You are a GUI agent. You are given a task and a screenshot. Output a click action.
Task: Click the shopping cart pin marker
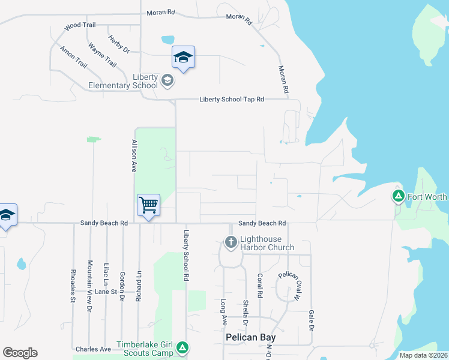pos(148,205)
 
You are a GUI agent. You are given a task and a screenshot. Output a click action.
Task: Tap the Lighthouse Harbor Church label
pos(267,243)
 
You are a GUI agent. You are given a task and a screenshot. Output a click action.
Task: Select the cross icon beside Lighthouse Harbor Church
pos(231,242)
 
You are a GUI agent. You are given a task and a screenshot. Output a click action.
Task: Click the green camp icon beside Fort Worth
pos(397,196)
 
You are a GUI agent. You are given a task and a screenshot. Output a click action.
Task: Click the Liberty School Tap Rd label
pos(232,100)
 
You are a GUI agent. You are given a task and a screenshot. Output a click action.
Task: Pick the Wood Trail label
pos(80,26)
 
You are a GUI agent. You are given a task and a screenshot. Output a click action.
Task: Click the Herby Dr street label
pos(119,44)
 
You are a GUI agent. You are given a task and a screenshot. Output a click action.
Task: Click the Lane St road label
pos(108,292)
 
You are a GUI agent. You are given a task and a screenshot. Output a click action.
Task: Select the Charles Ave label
pos(93,349)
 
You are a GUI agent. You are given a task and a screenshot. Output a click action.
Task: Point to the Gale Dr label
pos(311,320)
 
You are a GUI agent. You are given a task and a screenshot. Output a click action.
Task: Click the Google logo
pos(20,353)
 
